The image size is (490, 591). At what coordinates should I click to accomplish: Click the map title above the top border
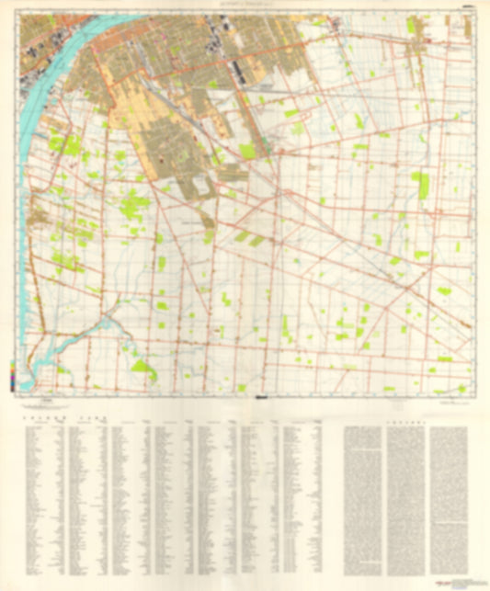[245, 5]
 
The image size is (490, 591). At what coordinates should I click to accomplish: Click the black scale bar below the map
[262, 398]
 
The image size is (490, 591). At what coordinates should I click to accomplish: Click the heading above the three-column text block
[410, 415]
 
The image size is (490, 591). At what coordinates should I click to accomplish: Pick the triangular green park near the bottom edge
[142, 369]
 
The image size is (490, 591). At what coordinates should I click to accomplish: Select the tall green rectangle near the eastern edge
[423, 186]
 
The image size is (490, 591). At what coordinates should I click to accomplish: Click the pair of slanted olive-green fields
[248, 239]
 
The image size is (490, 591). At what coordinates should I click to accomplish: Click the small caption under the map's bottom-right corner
[450, 399]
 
